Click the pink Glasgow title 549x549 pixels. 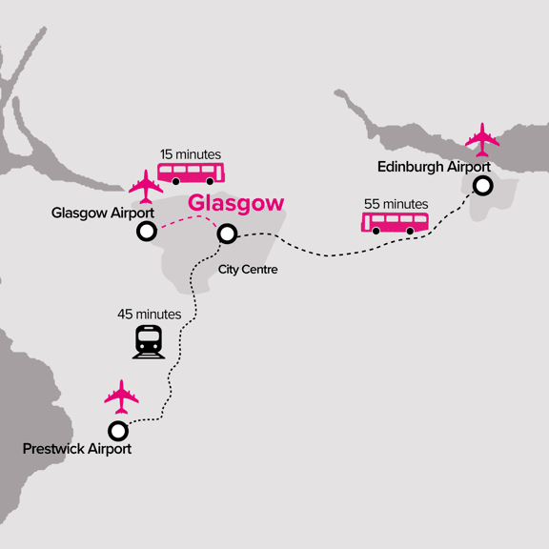(235, 203)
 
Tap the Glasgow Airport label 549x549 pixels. (96, 213)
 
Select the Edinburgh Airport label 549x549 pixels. (434, 166)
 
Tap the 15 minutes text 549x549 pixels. (190, 154)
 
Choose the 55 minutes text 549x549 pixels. (396, 204)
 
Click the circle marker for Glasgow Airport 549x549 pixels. (147, 231)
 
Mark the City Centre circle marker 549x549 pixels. (227, 234)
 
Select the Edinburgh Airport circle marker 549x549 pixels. (483, 186)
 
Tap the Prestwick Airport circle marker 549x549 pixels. (118, 430)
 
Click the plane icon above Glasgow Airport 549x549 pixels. (145, 185)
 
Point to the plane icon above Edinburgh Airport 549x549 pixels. (482, 139)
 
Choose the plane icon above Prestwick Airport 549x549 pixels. (121, 395)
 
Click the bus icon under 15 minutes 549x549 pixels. (191, 173)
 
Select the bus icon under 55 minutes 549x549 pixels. (394, 223)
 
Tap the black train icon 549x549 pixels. (148, 342)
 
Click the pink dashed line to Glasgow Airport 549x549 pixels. (187, 220)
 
